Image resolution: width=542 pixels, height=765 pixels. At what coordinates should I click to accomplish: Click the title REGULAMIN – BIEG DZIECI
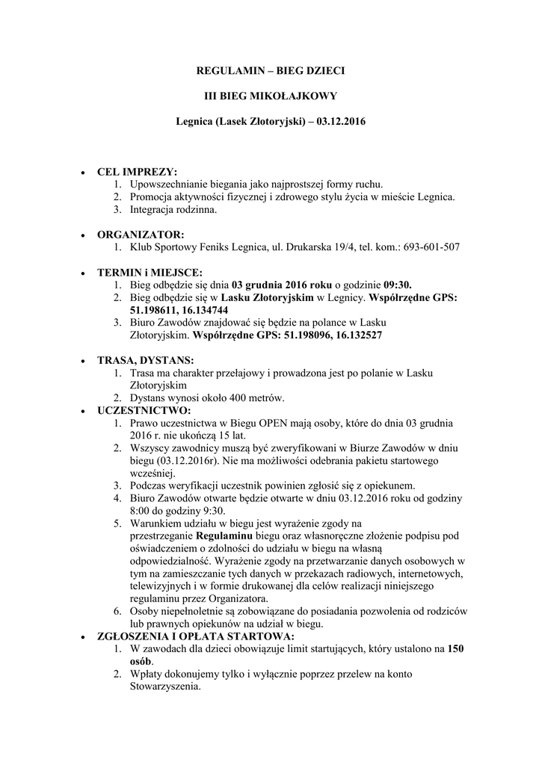click(271, 71)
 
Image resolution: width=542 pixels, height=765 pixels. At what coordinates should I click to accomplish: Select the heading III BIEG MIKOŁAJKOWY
click(271, 96)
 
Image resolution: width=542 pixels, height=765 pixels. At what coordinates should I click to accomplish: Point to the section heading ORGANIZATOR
click(141, 234)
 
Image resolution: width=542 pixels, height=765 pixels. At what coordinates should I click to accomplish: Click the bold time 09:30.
click(398, 285)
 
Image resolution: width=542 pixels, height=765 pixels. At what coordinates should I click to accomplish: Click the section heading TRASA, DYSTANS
click(146, 360)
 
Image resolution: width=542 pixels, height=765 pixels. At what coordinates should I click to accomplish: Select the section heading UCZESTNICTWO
click(144, 410)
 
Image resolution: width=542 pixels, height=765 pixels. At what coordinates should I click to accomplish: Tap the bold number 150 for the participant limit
click(456, 649)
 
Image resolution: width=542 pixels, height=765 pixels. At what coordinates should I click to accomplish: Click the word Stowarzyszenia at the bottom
click(165, 687)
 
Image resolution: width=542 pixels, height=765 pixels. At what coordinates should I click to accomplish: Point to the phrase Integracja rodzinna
click(173, 209)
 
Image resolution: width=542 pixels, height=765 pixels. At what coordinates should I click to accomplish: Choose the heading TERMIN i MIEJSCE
click(150, 272)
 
